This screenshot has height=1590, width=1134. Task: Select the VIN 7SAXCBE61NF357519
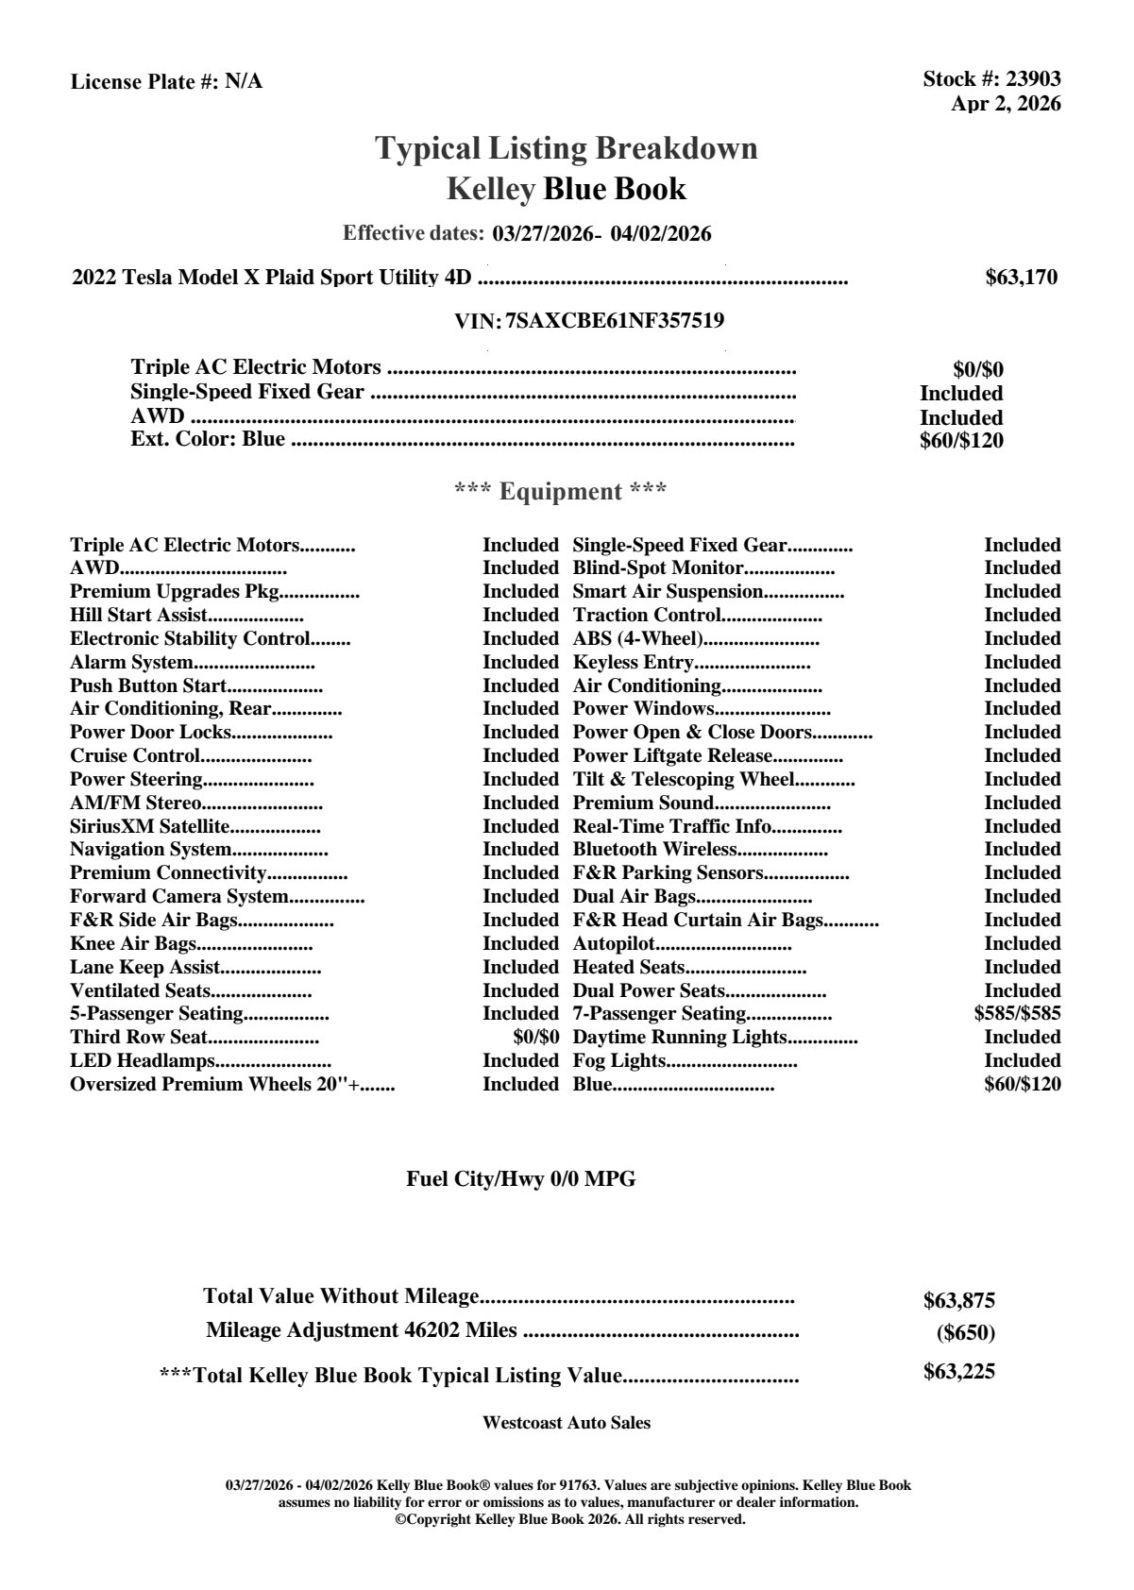tap(615, 321)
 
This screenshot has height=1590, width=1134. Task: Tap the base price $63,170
tap(1021, 278)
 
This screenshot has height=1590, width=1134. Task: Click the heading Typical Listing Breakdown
tap(567, 148)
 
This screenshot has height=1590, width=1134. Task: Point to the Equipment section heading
tap(561, 491)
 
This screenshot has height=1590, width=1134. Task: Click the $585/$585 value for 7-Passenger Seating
tap(1017, 1014)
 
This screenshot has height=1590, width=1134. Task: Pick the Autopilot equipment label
tap(614, 944)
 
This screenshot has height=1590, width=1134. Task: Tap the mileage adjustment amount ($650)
tap(965, 1333)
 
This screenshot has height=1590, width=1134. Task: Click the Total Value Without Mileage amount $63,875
tap(958, 1300)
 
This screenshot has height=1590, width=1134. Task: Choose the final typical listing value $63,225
tap(958, 1372)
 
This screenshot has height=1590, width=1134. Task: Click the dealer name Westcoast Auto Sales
tap(566, 1423)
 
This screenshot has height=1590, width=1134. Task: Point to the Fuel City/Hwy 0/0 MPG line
tap(521, 1178)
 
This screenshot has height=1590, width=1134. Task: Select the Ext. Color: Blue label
tap(208, 439)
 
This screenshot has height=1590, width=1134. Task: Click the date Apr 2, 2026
tap(1006, 104)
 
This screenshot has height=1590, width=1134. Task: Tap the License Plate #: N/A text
tap(166, 82)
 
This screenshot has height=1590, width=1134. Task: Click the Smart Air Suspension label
tap(668, 592)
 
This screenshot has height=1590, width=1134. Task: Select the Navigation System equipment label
tap(150, 850)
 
